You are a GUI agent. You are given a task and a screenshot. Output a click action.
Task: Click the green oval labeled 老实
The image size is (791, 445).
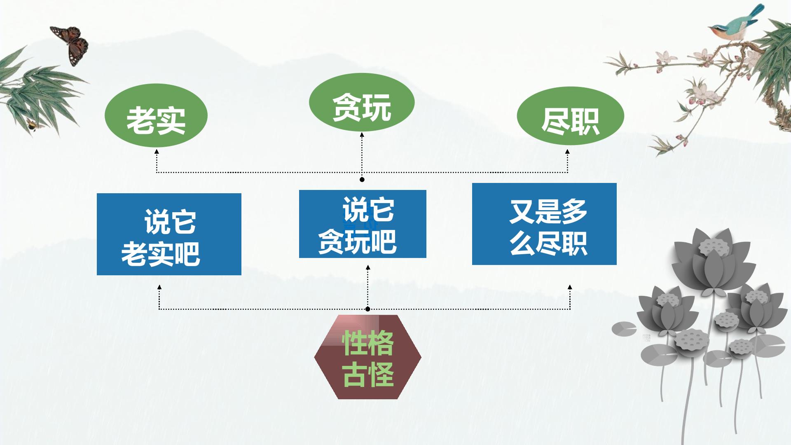tap(156, 116)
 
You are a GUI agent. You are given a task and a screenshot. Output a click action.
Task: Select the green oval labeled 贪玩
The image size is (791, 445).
tap(362, 103)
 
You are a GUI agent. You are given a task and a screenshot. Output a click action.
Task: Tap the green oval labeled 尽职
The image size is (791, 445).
tap(571, 116)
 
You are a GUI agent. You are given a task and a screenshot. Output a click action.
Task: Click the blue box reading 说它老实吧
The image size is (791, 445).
tap(169, 234)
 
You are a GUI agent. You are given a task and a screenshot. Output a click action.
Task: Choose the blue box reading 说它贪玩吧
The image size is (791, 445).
tap(363, 224)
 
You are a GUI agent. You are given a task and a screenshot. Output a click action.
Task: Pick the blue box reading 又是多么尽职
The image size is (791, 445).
tap(544, 224)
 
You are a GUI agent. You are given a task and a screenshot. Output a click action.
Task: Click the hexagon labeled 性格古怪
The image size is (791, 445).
tap(368, 357)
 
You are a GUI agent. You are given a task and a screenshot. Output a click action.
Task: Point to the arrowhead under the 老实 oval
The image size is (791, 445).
tap(157, 152)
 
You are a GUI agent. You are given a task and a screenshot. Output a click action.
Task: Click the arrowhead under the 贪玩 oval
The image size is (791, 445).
tap(362, 135)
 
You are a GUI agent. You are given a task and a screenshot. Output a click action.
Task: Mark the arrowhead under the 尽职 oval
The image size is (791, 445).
tap(567, 152)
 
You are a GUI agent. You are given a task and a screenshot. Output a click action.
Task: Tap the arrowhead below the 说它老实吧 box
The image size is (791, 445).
tap(159, 287)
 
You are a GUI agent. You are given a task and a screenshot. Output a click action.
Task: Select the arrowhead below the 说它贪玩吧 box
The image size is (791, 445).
tap(368, 268)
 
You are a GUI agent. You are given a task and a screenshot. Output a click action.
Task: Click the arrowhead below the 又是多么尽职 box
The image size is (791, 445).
tap(570, 287)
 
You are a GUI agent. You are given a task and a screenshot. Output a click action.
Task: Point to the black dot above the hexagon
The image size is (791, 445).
tap(368, 309)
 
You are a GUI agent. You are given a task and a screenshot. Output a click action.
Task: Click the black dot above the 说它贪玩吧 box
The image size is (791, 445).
tap(362, 180)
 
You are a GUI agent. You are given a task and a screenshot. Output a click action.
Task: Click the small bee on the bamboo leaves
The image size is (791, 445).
tap(32, 124)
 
